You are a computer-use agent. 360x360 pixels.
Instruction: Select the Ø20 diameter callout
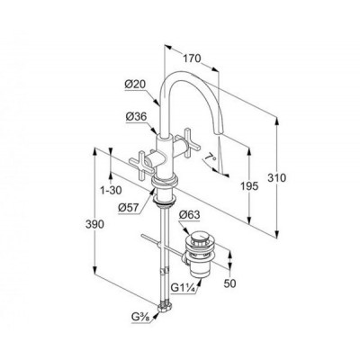click(135, 85)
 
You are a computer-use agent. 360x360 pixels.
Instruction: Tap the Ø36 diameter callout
click(136, 117)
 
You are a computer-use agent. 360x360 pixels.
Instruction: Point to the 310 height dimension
click(277, 178)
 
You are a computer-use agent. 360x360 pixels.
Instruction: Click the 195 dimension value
click(249, 186)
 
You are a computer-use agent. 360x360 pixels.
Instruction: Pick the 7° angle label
click(211, 157)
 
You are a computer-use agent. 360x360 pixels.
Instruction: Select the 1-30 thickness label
click(111, 190)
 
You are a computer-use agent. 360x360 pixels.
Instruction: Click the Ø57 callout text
click(128, 207)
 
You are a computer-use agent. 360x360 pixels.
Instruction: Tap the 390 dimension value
click(94, 224)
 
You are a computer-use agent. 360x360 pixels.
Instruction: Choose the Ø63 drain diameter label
click(189, 215)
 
